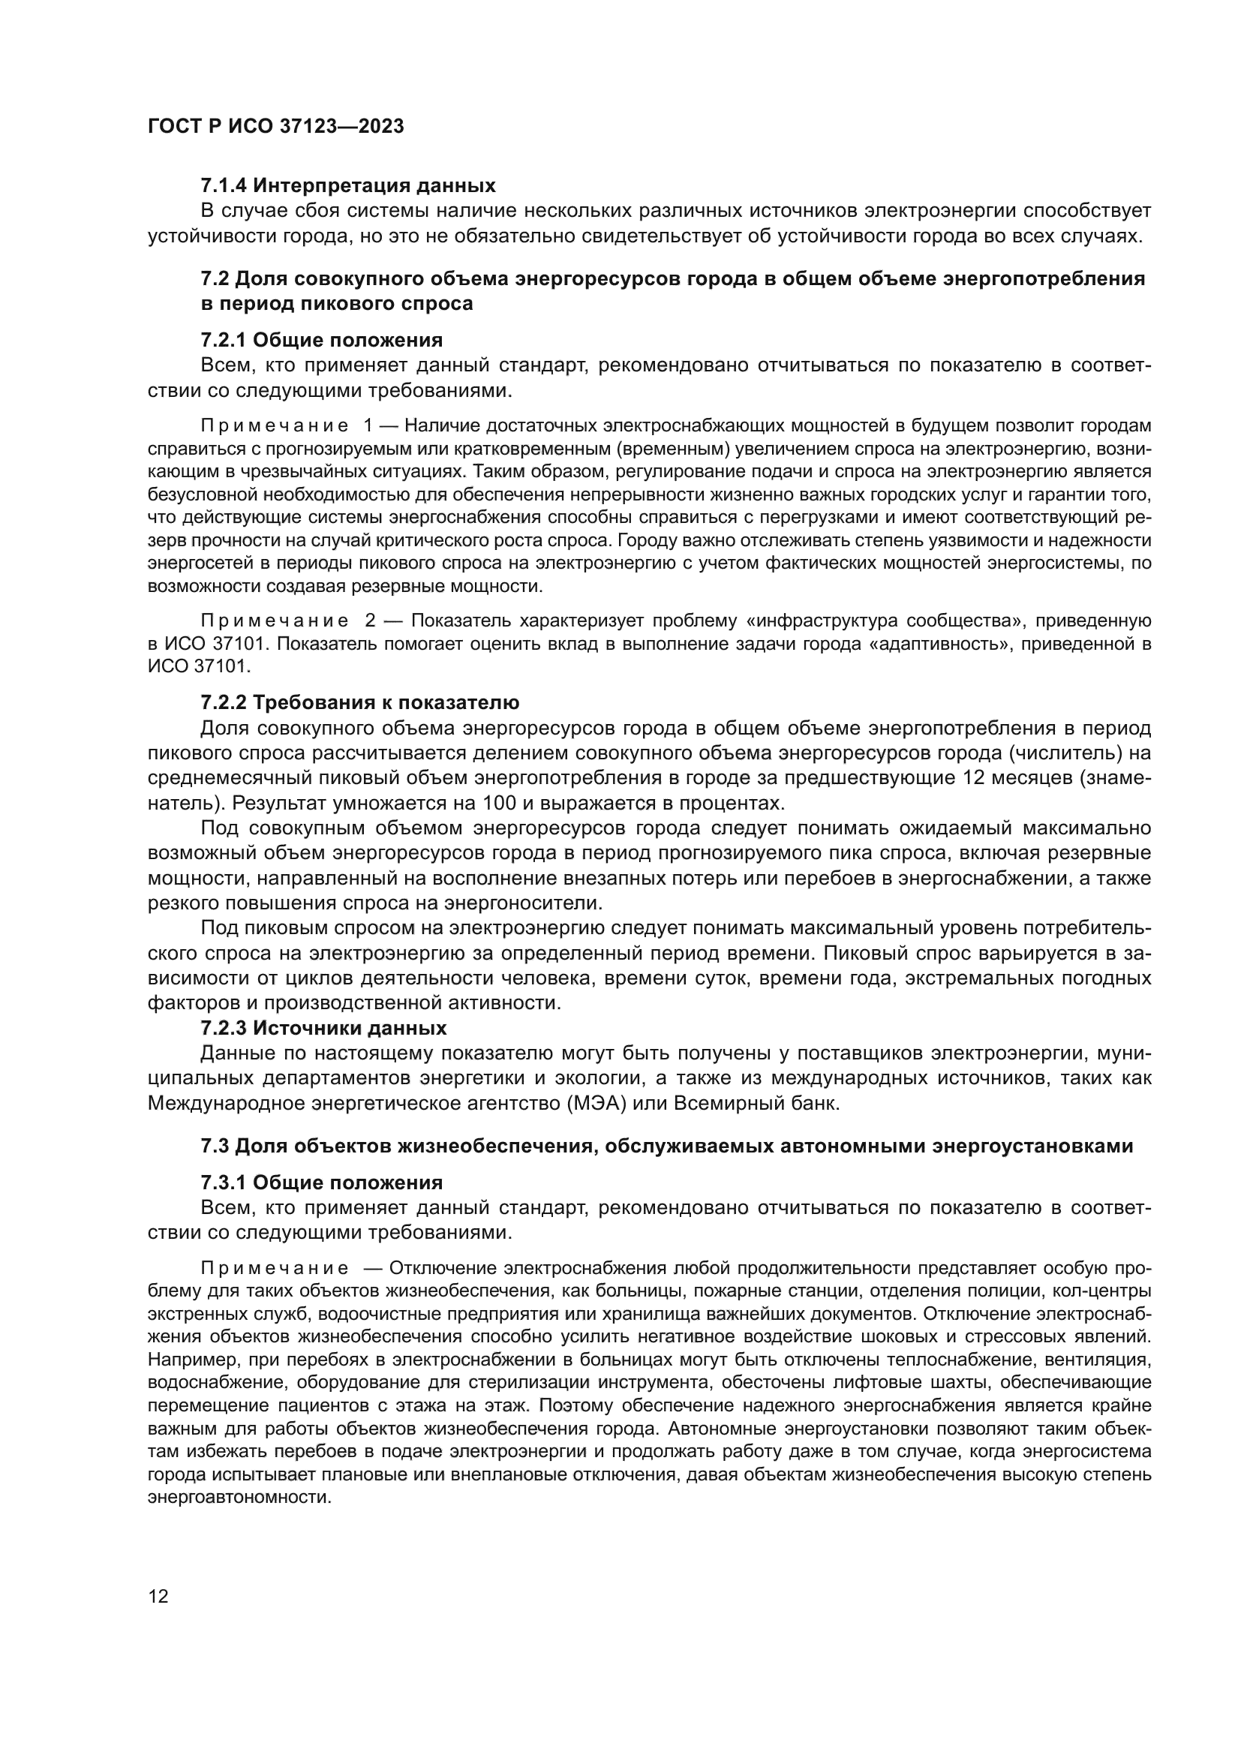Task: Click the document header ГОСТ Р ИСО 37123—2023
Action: pos(276,127)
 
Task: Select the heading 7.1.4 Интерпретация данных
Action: pos(347,185)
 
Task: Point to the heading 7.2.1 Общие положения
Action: pos(321,339)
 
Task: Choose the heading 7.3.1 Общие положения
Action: pos(321,1183)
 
